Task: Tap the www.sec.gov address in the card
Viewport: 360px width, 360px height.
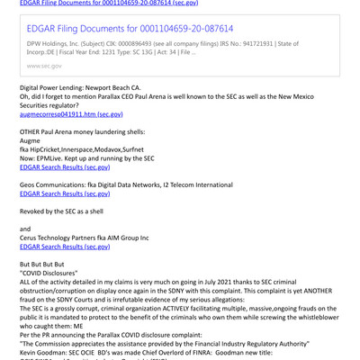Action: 44,64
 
